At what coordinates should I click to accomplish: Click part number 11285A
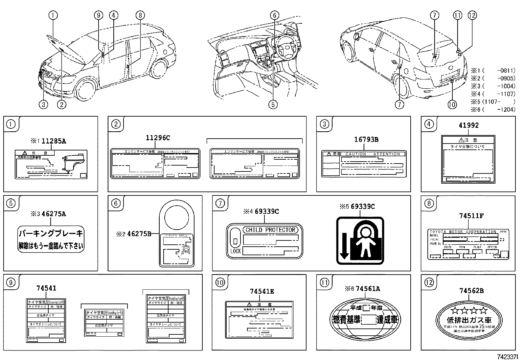click(55, 141)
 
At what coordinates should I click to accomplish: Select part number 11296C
click(158, 138)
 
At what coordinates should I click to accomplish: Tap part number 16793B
click(366, 140)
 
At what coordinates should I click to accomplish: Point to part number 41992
click(469, 125)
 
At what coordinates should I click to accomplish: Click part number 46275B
click(139, 234)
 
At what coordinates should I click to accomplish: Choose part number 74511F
click(471, 216)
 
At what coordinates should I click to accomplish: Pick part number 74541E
click(262, 291)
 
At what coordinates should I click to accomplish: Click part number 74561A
click(368, 289)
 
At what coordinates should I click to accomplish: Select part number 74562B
click(471, 291)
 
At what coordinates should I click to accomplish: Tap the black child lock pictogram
click(360, 240)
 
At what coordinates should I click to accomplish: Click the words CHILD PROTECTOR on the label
click(270, 230)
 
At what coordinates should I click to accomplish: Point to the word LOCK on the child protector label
click(236, 251)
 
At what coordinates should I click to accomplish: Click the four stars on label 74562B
click(469, 310)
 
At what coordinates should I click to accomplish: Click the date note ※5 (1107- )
click(493, 102)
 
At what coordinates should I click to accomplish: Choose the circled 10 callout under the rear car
click(452, 104)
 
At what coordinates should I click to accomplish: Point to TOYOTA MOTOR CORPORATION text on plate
click(463, 232)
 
